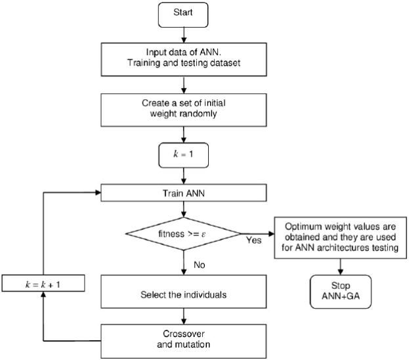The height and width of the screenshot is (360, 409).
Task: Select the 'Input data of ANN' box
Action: pos(184,60)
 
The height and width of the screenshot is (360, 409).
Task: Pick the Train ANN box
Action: pos(184,193)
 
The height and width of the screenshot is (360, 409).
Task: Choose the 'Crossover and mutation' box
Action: pos(184,338)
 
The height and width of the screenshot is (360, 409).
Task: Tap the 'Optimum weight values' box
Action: pos(339,235)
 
